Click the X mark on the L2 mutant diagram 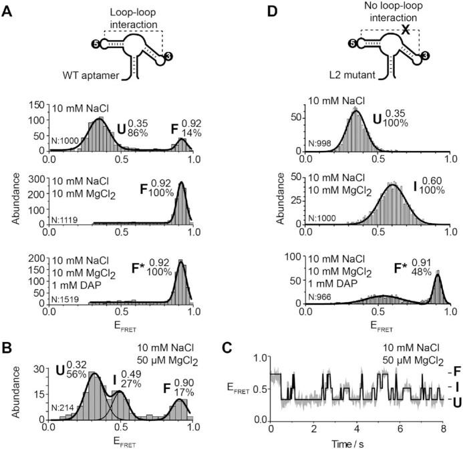pyautogui.click(x=405, y=29)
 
